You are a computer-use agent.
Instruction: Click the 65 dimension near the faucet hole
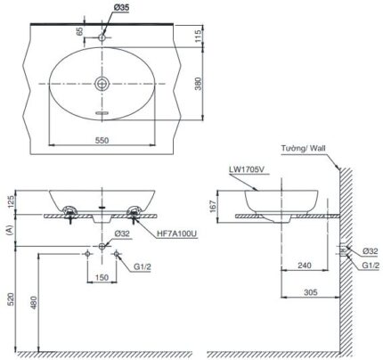[79, 30]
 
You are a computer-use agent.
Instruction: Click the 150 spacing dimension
[103, 277]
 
